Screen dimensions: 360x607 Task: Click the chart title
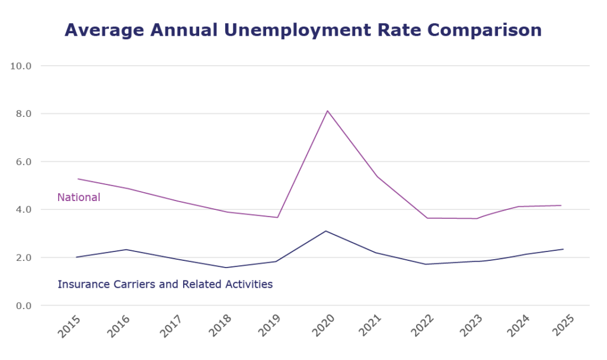(x=303, y=30)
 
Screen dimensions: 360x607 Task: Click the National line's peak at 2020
(x=327, y=110)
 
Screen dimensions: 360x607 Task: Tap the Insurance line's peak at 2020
(x=326, y=231)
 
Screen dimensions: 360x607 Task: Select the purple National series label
(x=79, y=197)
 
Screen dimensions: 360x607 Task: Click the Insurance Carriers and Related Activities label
(x=165, y=284)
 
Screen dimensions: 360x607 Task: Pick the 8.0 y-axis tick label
(x=24, y=113)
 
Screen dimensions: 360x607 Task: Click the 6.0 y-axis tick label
(x=24, y=161)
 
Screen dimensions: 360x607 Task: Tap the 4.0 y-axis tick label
(x=24, y=209)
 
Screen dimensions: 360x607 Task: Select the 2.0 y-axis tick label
(x=24, y=257)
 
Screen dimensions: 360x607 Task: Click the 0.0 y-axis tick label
(x=24, y=305)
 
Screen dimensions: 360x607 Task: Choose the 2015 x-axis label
(x=70, y=327)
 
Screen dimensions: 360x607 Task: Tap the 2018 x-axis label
(x=220, y=327)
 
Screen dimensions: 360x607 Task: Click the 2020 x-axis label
(x=320, y=327)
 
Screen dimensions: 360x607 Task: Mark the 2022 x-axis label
(x=420, y=327)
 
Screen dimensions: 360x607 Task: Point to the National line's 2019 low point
(x=277, y=217)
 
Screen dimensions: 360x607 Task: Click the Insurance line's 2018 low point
(x=227, y=267)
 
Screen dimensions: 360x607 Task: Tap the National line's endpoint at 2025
(x=561, y=205)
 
